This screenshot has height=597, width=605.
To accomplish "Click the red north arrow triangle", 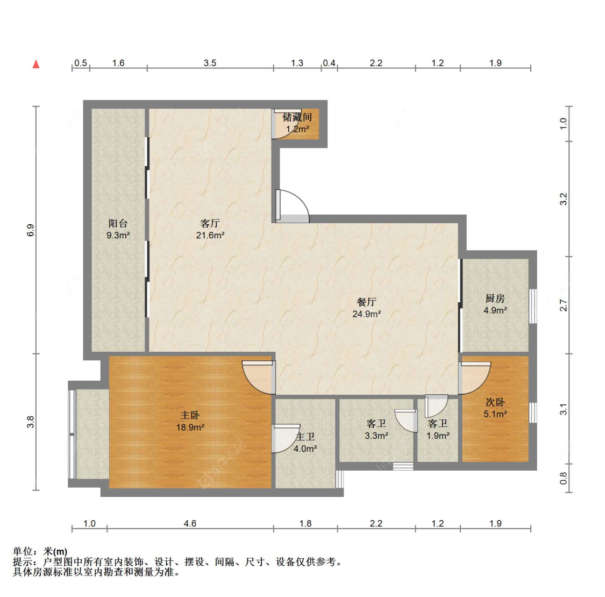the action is point(36,64).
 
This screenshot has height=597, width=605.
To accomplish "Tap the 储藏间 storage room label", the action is point(297,117).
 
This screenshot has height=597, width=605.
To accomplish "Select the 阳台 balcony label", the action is point(118,223).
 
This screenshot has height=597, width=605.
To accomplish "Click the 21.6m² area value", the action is point(210,235).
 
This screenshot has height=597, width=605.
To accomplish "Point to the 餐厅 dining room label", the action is point(367,302).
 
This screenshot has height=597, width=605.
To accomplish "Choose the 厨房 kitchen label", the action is point(495,298).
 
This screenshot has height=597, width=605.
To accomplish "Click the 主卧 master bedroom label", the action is point(190,415).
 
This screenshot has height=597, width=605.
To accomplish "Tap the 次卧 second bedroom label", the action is point(495,402).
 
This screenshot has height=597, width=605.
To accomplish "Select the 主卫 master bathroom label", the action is point(305,437).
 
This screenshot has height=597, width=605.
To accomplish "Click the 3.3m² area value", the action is point(376,436).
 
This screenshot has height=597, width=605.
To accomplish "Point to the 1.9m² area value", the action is point(438,436).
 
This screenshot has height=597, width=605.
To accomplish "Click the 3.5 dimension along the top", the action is point(210,63).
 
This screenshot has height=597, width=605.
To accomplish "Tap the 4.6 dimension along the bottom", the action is point(190,523).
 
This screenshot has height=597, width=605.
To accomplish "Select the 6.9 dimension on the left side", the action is point(31,230).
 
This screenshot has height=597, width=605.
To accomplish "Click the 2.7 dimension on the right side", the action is point(564,305).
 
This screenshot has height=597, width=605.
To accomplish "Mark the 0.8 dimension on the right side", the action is point(564,478).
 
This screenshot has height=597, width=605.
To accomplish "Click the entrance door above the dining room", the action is point(293,207).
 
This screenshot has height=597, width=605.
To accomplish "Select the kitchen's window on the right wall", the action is point(532,306).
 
